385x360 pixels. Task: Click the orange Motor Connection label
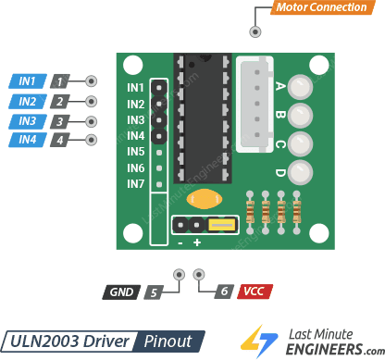319,9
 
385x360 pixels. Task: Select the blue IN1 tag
27,81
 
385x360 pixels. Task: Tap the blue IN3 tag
27,121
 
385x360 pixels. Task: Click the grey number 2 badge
60,101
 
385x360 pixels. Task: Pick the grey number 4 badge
60,141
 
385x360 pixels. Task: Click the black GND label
121,292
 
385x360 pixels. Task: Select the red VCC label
253,292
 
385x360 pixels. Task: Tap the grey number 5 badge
154,292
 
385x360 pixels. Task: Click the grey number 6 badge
222,292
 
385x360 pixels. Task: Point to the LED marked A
300,88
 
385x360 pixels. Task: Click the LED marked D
300,172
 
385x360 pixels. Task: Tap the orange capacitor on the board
203,199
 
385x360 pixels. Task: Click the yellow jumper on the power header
221,225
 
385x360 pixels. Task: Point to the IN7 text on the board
136,184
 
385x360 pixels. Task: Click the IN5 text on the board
136,152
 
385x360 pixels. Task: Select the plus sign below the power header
197,242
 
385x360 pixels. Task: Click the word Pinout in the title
168,341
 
